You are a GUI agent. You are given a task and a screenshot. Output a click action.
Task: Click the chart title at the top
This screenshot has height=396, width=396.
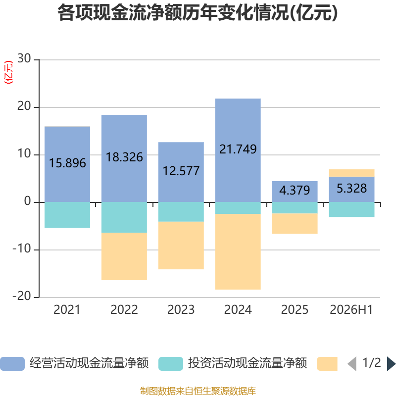(x=198, y=13)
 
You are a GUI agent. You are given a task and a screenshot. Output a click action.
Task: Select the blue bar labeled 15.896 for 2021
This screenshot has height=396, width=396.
(x=67, y=164)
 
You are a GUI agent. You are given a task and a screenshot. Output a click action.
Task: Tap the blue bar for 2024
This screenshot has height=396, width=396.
(x=238, y=150)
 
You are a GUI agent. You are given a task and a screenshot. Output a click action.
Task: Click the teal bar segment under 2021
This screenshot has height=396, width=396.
(x=67, y=215)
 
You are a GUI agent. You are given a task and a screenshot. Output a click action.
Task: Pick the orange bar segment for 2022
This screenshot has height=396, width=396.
(x=124, y=256)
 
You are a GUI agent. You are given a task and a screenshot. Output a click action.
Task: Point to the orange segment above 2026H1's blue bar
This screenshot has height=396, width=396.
(x=351, y=173)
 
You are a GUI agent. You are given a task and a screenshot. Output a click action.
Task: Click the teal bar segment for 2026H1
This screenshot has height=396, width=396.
(x=351, y=209)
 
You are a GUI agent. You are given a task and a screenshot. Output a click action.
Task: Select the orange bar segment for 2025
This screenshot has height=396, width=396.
(x=295, y=224)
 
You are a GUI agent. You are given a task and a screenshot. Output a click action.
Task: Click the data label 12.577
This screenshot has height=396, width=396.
(x=181, y=171)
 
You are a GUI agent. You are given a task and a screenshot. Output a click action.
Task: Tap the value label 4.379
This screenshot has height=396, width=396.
(x=295, y=190)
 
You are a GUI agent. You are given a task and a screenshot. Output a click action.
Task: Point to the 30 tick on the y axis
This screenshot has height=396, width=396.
(x=24, y=58)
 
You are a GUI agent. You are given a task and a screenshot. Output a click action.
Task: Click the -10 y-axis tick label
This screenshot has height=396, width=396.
(x=22, y=249)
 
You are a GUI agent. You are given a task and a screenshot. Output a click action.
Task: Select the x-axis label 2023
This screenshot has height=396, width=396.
(x=181, y=310)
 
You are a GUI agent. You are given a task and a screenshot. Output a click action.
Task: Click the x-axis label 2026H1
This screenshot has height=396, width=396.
(x=351, y=310)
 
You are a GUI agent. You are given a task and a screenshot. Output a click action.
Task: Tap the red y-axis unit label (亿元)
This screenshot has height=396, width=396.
(x=8, y=72)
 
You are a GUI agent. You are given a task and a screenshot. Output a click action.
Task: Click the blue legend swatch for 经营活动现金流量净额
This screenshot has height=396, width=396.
(x=12, y=364)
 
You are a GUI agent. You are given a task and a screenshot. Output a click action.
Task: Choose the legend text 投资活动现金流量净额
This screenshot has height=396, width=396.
(x=247, y=363)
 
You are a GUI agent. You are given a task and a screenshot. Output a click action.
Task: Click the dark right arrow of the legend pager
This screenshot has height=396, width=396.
(x=391, y=364)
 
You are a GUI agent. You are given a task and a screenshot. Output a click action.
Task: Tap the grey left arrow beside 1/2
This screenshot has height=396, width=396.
(x=352, y=364)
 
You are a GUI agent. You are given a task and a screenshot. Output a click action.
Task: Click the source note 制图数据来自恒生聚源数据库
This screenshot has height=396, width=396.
(x=198, y=391)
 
